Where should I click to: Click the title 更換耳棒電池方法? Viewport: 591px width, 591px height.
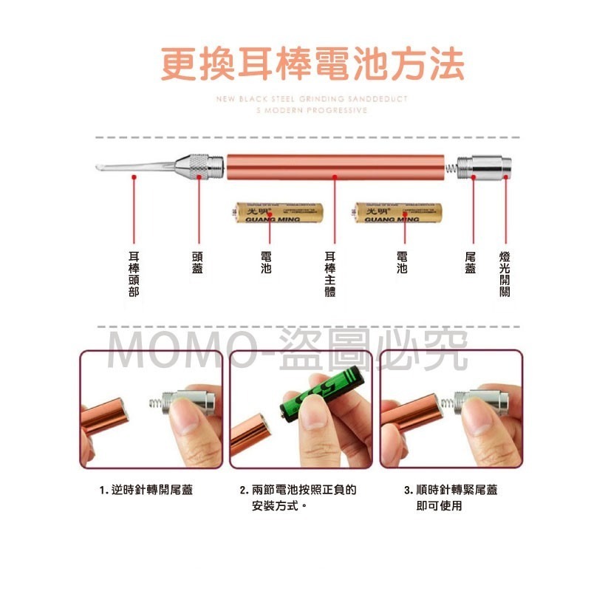[312, 65]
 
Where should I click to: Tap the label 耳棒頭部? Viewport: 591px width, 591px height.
[134, 273]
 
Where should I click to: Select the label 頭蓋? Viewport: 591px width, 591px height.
[197, 262]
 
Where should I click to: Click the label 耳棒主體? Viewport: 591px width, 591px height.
[330, 273]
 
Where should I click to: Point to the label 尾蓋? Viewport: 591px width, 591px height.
[471, 262]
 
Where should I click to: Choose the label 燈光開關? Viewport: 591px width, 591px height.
[505, 273]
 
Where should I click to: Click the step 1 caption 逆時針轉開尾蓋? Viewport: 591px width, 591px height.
[146, 490]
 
